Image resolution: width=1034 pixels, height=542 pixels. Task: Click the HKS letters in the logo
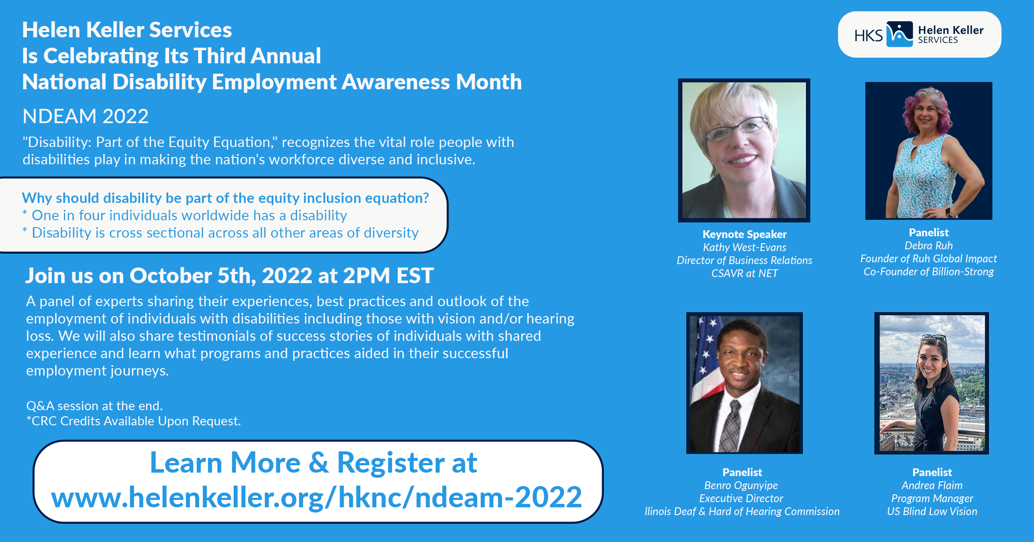868,36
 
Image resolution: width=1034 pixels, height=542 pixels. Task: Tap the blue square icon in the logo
900,34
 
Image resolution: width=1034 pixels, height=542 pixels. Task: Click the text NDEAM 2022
85,116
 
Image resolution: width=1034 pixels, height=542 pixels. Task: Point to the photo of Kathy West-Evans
744,150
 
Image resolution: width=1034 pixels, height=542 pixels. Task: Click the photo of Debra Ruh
929,150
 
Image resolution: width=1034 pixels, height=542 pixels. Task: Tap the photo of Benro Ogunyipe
744,383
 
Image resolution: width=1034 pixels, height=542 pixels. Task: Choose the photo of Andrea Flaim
932,383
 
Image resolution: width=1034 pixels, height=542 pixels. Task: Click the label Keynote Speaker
744,234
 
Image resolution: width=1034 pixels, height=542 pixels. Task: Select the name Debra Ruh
929,245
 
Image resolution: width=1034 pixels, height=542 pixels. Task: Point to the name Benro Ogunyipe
741,486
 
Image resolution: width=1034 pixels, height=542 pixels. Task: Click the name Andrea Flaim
932,485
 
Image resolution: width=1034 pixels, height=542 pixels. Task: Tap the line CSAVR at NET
744,273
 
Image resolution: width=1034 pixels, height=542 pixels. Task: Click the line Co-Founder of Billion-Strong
929,271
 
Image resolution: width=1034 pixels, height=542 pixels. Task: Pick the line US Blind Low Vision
932,511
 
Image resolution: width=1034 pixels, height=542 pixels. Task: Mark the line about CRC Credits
134,421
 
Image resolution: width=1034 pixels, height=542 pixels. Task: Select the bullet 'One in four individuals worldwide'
185,215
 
